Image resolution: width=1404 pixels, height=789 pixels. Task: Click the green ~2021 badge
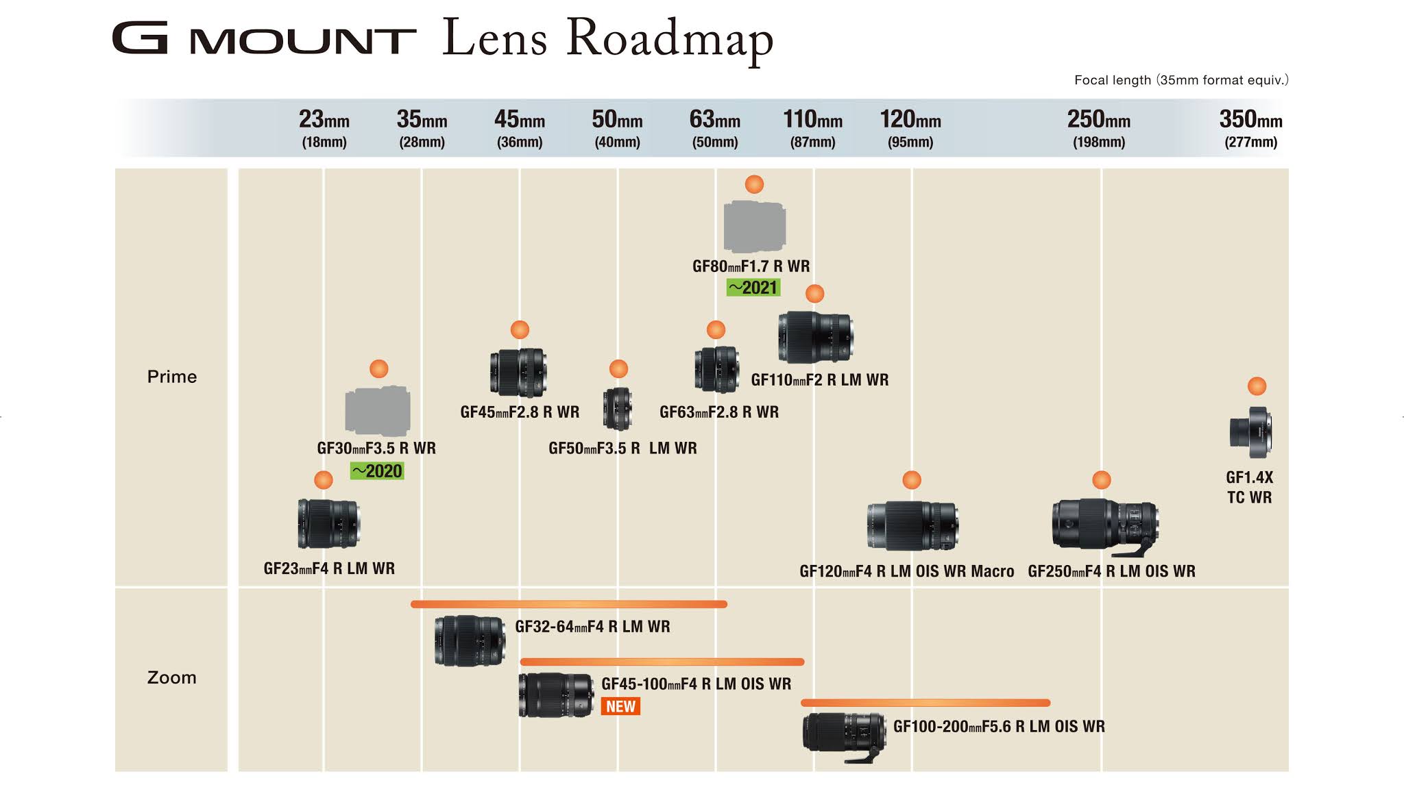pos(753,288)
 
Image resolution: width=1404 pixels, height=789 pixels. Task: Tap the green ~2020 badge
pos(377,471)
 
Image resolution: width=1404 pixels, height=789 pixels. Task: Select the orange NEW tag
pos(620,707)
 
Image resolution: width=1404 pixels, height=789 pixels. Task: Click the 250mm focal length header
pos(1098,128)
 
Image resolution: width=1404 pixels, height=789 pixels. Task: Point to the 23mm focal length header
pos(324,128)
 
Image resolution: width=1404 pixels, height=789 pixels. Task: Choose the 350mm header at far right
pos(1250,128)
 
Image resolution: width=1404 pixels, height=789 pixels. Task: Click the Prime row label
pos(172,377)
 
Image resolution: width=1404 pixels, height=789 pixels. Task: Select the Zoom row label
pos(172,678)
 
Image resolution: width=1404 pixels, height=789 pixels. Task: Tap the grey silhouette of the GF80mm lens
pos(754,227)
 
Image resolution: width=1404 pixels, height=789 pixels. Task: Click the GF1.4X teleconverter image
pos(1250,433)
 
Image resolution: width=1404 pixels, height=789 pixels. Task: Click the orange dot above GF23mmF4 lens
pos(324,480)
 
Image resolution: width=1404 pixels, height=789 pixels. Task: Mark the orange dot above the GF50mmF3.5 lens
pos(618,369)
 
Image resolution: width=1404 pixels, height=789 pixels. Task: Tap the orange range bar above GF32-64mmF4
pos(569,604)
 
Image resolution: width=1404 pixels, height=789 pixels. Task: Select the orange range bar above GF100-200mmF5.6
pos(925,703)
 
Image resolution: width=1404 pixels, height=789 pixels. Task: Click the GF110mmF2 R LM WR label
pos(820,380)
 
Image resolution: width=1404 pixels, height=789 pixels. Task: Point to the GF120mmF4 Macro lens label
pos(906,571)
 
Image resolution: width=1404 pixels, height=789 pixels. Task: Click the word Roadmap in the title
pos(670,38)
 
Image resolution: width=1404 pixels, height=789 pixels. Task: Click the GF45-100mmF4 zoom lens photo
pos(556,694)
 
